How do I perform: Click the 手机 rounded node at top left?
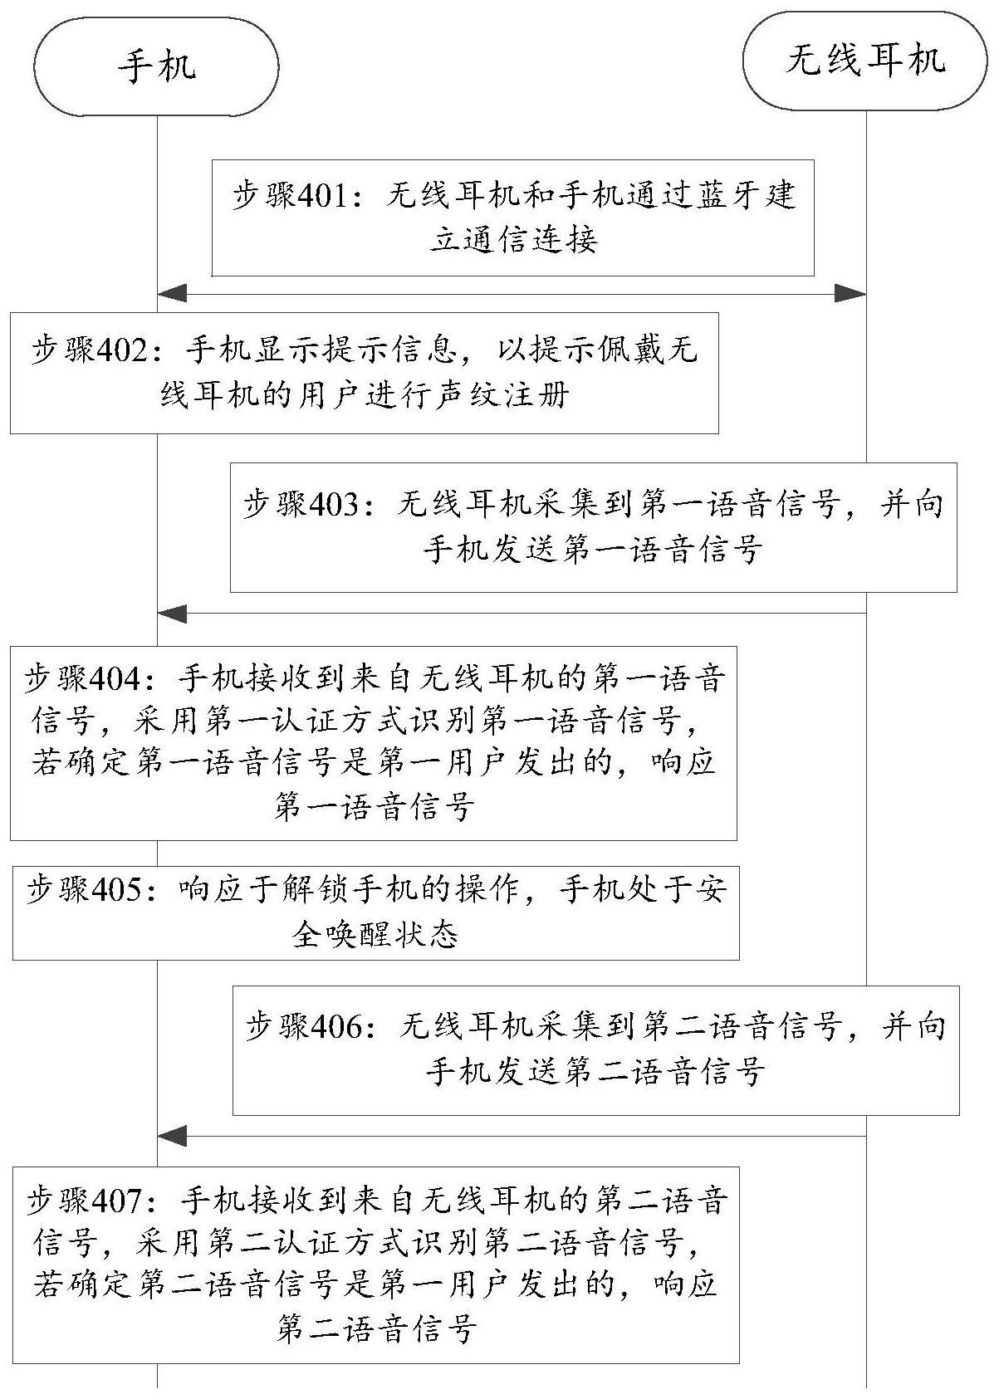157,65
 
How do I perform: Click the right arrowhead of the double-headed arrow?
850,293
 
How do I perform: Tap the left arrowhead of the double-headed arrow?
173,293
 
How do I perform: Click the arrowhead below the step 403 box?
173,614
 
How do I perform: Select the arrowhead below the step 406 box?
173,1136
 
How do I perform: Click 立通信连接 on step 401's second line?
513,240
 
